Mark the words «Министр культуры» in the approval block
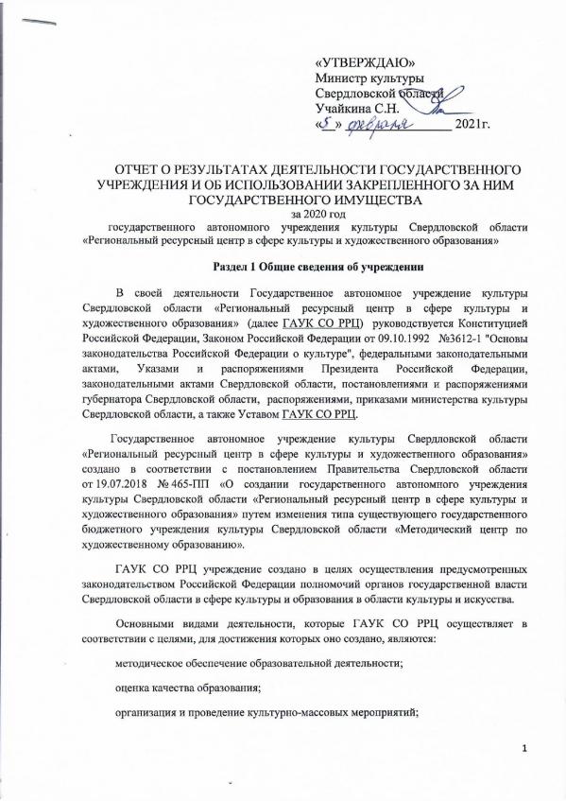pos(369,77)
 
